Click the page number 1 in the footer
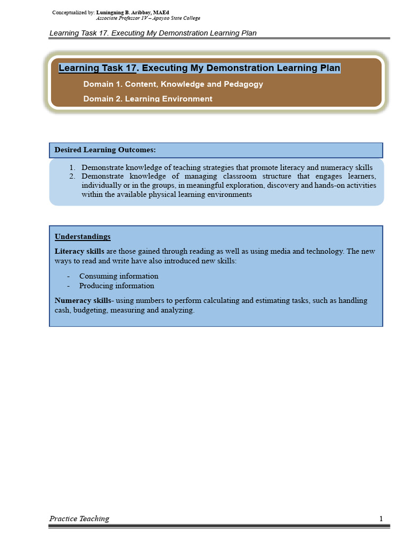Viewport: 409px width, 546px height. point(381,519)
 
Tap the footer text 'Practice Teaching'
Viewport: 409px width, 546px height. point(79,519)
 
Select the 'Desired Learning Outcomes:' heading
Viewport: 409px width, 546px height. point(105,150)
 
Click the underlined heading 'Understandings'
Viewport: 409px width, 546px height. point(83,236)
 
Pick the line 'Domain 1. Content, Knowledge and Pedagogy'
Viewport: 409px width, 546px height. point(173,84)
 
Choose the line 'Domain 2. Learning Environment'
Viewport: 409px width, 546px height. point(148,99)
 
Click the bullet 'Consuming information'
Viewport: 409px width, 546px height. point(119,276)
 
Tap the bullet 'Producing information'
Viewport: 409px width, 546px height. point(117,286)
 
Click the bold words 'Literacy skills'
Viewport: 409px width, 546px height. point(79,251)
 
